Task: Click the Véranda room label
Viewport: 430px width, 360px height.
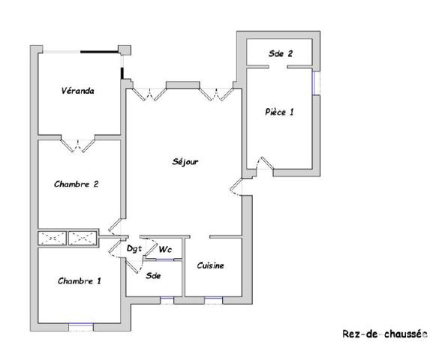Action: click(x=77, y=91)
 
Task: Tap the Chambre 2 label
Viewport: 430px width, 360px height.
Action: click(x=77, y=184)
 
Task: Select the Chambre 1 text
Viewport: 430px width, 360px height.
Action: click(x=79, y=280)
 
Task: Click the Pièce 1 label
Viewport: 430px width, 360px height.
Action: click(x=279, y=112)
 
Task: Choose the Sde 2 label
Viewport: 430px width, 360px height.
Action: click(x=280, y=53)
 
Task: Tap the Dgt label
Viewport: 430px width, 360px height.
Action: click(x=134, y=249)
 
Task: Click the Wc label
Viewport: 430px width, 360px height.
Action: click(x=164, y=250)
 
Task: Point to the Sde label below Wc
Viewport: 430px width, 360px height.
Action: click(x=153, y=274)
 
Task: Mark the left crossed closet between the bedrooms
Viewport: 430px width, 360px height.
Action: click(x=53, y=238)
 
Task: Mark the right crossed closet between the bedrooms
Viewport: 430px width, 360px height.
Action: click(x=83, y=238)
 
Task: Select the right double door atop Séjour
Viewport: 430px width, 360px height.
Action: click(x=217, y=93)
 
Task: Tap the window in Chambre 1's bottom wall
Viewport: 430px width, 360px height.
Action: click(x=80, y=326)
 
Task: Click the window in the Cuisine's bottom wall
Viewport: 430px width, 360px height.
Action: click(x=213, y=300)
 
